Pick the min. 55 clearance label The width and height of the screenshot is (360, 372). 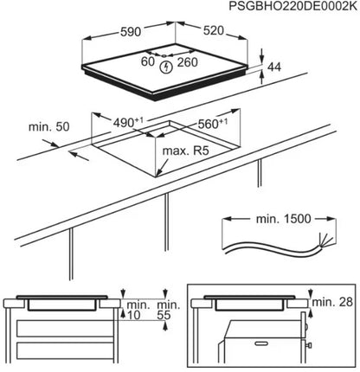click(x=171, y=311)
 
